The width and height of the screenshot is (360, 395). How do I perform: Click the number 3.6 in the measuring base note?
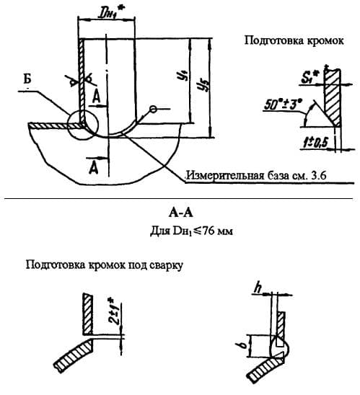coord(340,176)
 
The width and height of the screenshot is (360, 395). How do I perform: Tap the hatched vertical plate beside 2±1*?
coord(87,313)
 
